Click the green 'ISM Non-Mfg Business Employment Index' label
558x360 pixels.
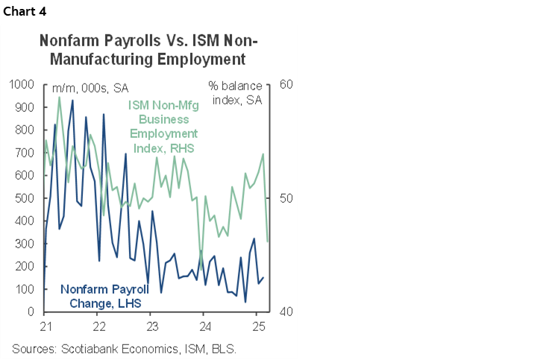[160, 126]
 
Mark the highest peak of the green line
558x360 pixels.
[60, 97]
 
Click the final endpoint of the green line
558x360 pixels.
[268, 241]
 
